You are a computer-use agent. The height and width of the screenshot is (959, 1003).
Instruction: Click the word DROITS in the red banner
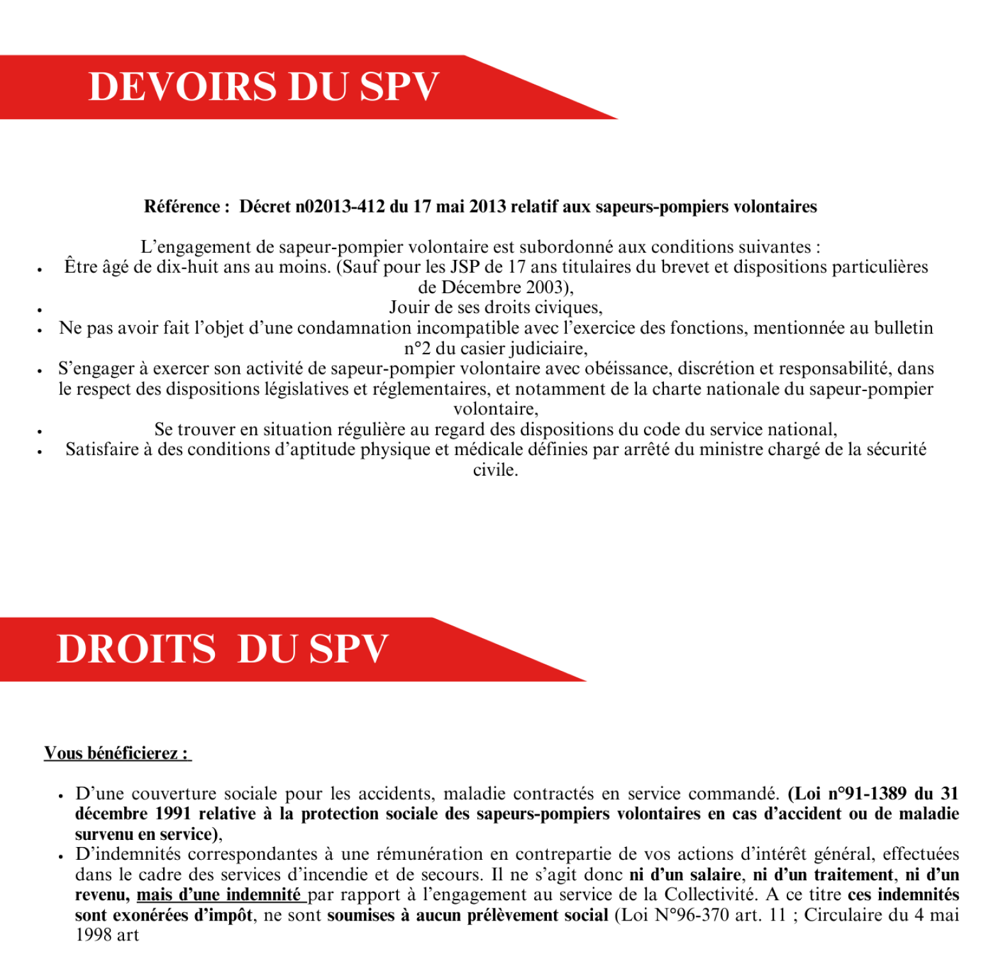pos(137,649)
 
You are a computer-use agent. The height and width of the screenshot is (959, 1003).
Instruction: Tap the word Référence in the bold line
pos(182,207)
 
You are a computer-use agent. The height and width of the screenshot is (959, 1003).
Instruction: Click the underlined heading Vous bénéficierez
pos(117,753)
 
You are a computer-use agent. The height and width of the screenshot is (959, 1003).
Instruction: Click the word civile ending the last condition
pos(494,471)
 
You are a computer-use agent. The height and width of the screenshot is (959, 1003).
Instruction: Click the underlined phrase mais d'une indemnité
pos(219,895)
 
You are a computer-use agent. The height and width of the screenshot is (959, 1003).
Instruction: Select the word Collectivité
pos(711,895)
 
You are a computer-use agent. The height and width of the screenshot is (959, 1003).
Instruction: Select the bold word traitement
pos(853,875)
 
